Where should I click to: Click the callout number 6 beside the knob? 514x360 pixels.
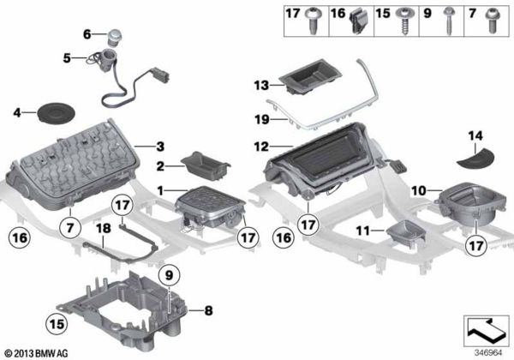pyautogui.click(x=87, y=34)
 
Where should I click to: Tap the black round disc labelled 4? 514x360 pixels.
pyautogui.click(x=50, y=111)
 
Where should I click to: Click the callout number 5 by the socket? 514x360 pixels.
pyautogui.click(x=67, y=58)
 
